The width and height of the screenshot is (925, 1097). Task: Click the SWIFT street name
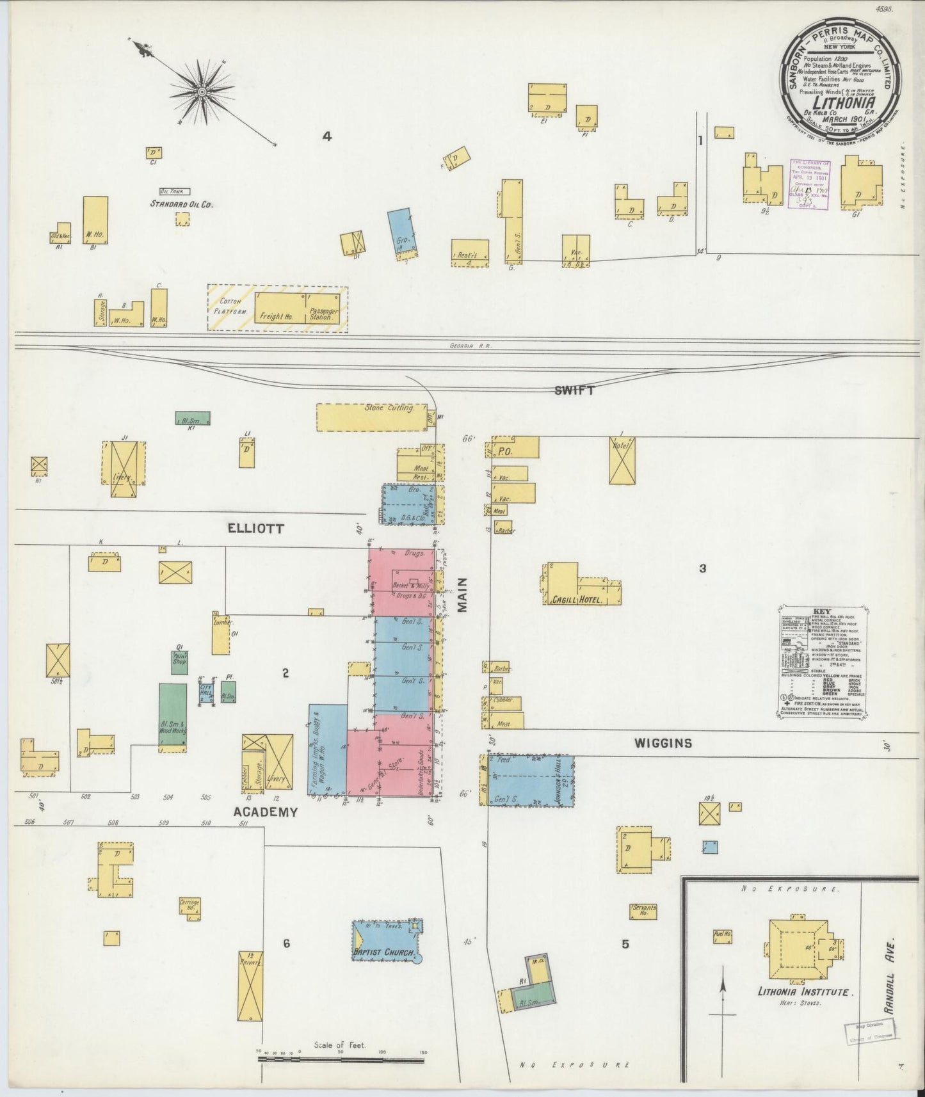pyautogui.click(x=574, y=390)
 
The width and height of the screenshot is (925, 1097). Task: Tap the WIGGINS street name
pyautogui.click(x=663, y=743)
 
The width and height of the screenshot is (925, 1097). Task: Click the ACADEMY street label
pyautogui.click(x=265, y=812)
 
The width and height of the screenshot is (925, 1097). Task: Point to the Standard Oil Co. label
pyautogui.click(x=181, y=204)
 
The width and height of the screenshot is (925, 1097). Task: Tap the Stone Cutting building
pyautogui.click(x=371, y=417)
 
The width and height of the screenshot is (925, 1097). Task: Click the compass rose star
pyautogui.click(x=202, y=92)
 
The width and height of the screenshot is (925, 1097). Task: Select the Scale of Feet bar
pyautogui.click(x=341, y=1060)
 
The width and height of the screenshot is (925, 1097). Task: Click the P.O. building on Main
pyautogui.click(x=515, y=448)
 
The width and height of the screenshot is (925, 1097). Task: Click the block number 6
pyautogui.click(x=286, y=943)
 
